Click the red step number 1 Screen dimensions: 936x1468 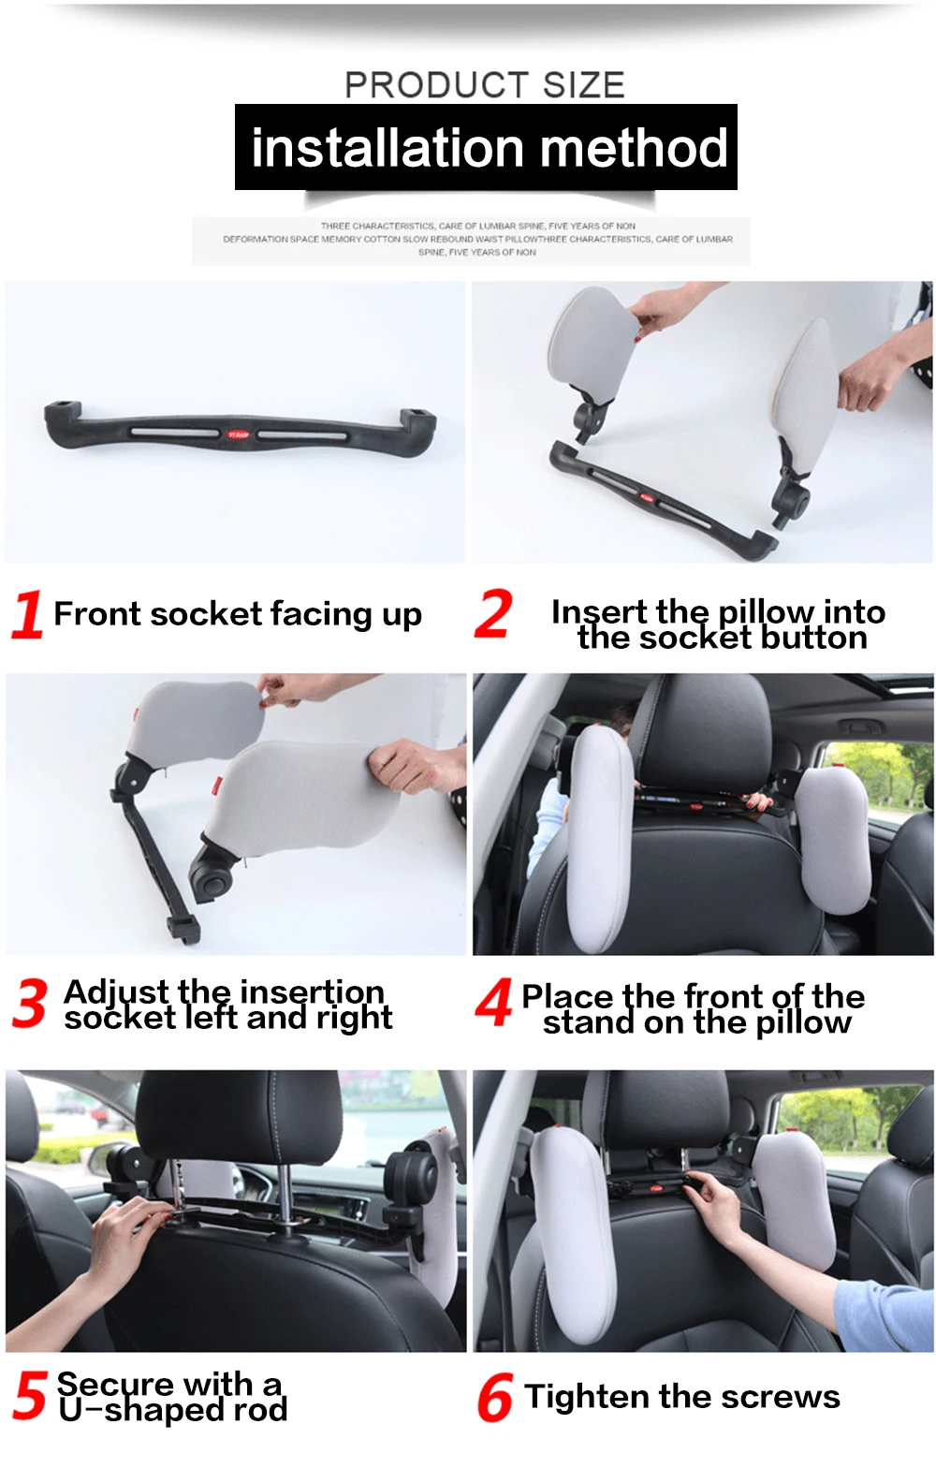27,613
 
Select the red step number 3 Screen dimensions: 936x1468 30,1002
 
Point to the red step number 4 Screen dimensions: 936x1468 493,1002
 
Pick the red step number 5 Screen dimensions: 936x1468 29,1394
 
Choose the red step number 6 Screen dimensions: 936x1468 494,1397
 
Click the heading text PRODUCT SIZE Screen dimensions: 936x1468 485,85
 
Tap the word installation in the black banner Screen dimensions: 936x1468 388,148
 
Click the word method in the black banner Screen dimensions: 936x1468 634,148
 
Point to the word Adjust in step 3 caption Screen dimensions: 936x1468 115,992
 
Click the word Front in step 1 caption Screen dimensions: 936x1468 97,614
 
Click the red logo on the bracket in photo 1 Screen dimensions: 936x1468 239,434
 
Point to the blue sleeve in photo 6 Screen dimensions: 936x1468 885,1305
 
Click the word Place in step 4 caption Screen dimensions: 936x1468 567,997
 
